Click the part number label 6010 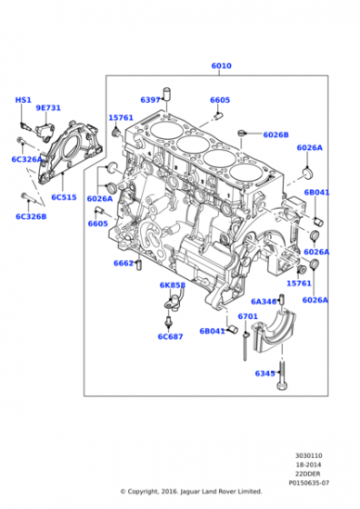[x=220, y=66]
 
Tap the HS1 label [x=23, y=100]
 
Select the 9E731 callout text [x=48, y=108]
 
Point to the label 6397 [x=150, y=100]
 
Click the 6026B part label [x=275, y=135]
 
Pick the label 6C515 [x=64, y=197]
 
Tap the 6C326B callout [x=31, y=216]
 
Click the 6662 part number [x=125, y=263]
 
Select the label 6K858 [x=172, y=284]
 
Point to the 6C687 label [x=170, y=337]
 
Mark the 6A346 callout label [x=264, y=302]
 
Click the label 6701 [x=247, y=317]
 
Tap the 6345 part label [x=265, y=373]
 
